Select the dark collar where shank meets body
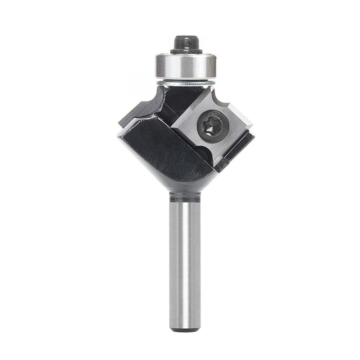click(x=185, y=196)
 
